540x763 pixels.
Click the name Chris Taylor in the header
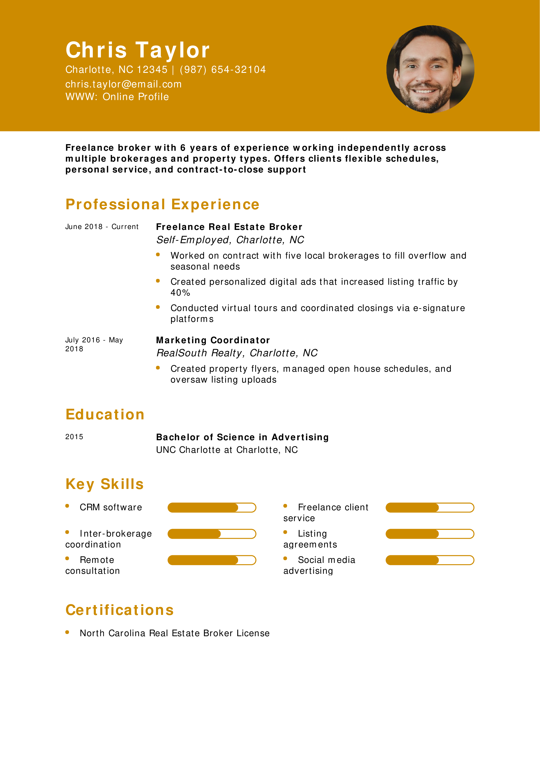(x=137, y=50)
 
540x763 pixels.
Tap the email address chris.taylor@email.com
(x=124, y=84)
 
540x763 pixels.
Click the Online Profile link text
(x=135, y=97)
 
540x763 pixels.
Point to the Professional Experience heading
(x=162, y=204)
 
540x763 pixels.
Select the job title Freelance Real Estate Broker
(x=229, y=227)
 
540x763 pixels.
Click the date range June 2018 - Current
(x=102, y=227)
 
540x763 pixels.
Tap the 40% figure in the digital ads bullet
(x=180, y=293)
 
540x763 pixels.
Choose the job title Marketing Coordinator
(x=213, y=340)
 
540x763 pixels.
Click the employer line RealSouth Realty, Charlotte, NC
(x=237, y=353)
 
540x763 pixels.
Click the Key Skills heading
(x=105, y=484)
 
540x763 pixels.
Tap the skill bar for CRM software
(x=212, y=507)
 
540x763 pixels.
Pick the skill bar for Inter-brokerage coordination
(x=212, y=534)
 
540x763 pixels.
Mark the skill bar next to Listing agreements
(x=430, y=534)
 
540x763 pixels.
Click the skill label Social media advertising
(x=319, y=565)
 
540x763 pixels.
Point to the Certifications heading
(x=119, y=610)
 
